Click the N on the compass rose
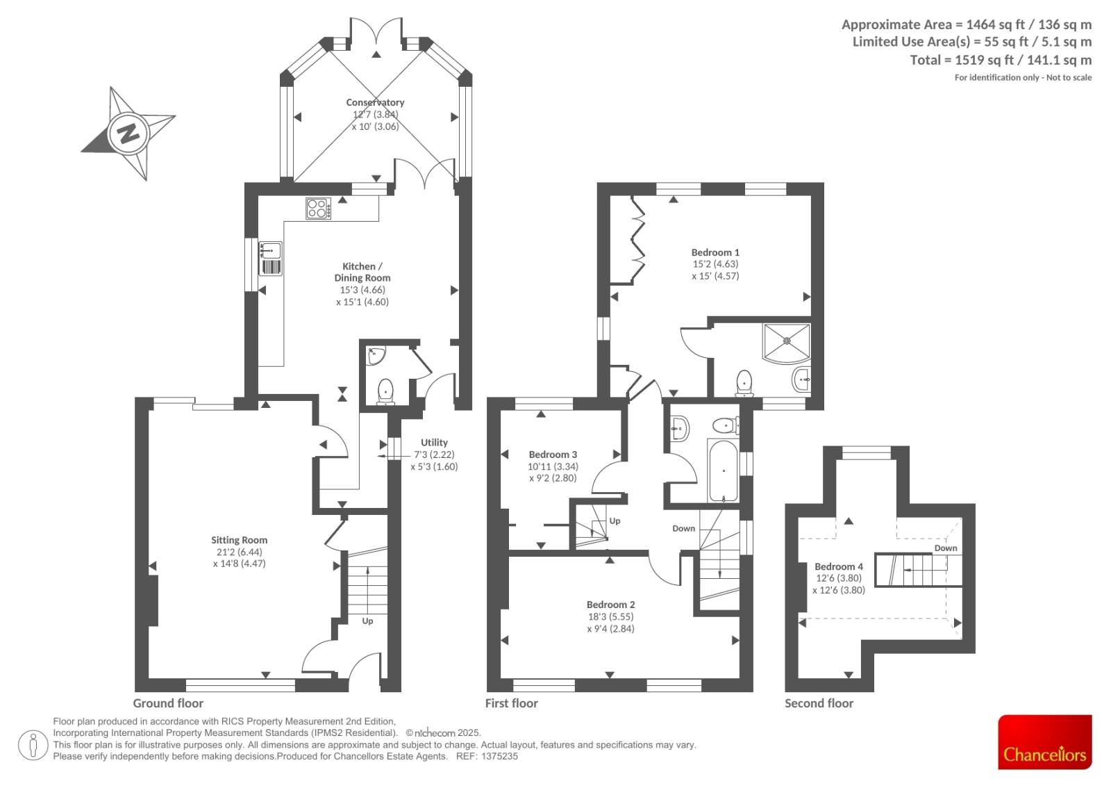pos(128,133)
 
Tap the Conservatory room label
pos(375,102)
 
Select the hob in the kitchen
pos(318,208)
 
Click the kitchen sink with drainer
pos(270,259)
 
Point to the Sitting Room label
pos(239,540)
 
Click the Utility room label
pos(434,443)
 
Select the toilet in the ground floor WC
pos(385,391)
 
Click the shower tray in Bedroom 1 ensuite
pos(787,343)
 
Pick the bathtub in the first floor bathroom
pos(723,470)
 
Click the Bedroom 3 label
pos(553,455)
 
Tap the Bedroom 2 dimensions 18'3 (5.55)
pos(610,616)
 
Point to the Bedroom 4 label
pos(839,566)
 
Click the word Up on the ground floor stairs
pos(367,621)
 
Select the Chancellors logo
pos(1045,742)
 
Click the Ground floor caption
pos(168,703)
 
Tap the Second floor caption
pos(819,703)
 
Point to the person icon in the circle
pos(33,746)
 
